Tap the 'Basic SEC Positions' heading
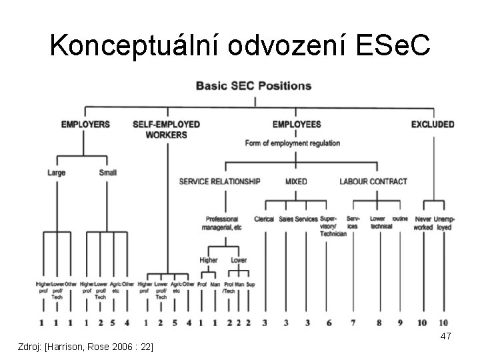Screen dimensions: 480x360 tap(253, 86)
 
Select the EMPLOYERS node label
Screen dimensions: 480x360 tap(86, 124)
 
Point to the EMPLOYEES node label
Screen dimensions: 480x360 tap(296, 124)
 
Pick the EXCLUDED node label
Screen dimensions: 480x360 tap(432, 124)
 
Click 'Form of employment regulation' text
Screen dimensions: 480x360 tap(293, 143)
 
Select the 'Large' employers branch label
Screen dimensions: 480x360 tap(57, 173)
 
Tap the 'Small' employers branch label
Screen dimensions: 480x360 tap(107, 173)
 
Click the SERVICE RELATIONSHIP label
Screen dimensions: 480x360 tap(219, 181)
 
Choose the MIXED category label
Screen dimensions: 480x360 tap(296, 181)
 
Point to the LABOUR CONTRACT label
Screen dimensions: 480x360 tap(373, 181)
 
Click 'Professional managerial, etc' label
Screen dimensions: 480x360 tap(222, 223)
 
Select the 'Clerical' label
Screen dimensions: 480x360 tap(264, 219)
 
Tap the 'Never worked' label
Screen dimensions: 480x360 tap(423, 223)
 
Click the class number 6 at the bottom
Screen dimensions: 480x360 tap(329, 323)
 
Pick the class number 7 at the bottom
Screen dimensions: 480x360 tap(353, 323)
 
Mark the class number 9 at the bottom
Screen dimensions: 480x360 tap(400, 323)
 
